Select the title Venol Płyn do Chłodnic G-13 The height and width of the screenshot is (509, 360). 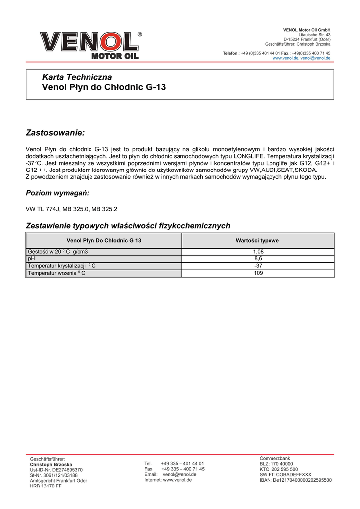pyautogui.click(x=104, y=88)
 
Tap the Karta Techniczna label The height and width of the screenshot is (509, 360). pyautogui.click(x=77, y=77)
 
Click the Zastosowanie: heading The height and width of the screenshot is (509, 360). pyautogui.click(x=55, y=133)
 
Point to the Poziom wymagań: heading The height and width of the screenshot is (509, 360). pyautogui.click(x=57, y=193)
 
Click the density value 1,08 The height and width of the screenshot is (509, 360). pyautogui.click(x=258, y=252)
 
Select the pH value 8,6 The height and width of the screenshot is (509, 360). pyautogui.click(x=258, y=259)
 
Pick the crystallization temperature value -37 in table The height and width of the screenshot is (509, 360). pyautogui.click(x=258, y=266)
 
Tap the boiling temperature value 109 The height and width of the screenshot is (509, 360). pyautogui.click(x=258, y=273)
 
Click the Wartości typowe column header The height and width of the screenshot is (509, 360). pyautogui.click(x=257, y=241)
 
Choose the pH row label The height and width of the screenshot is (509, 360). pyautogui.click(x=31, y=259)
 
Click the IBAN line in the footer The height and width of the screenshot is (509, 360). pyautogui.click(x=295, y=480)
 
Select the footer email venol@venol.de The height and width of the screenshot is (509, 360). pyautogui.click(x=180, y=474)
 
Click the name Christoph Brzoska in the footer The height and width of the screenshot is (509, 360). pyautogui.click(x=51, y=464)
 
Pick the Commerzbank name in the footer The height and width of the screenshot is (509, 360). pyautogui.click(x=275, y=458)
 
